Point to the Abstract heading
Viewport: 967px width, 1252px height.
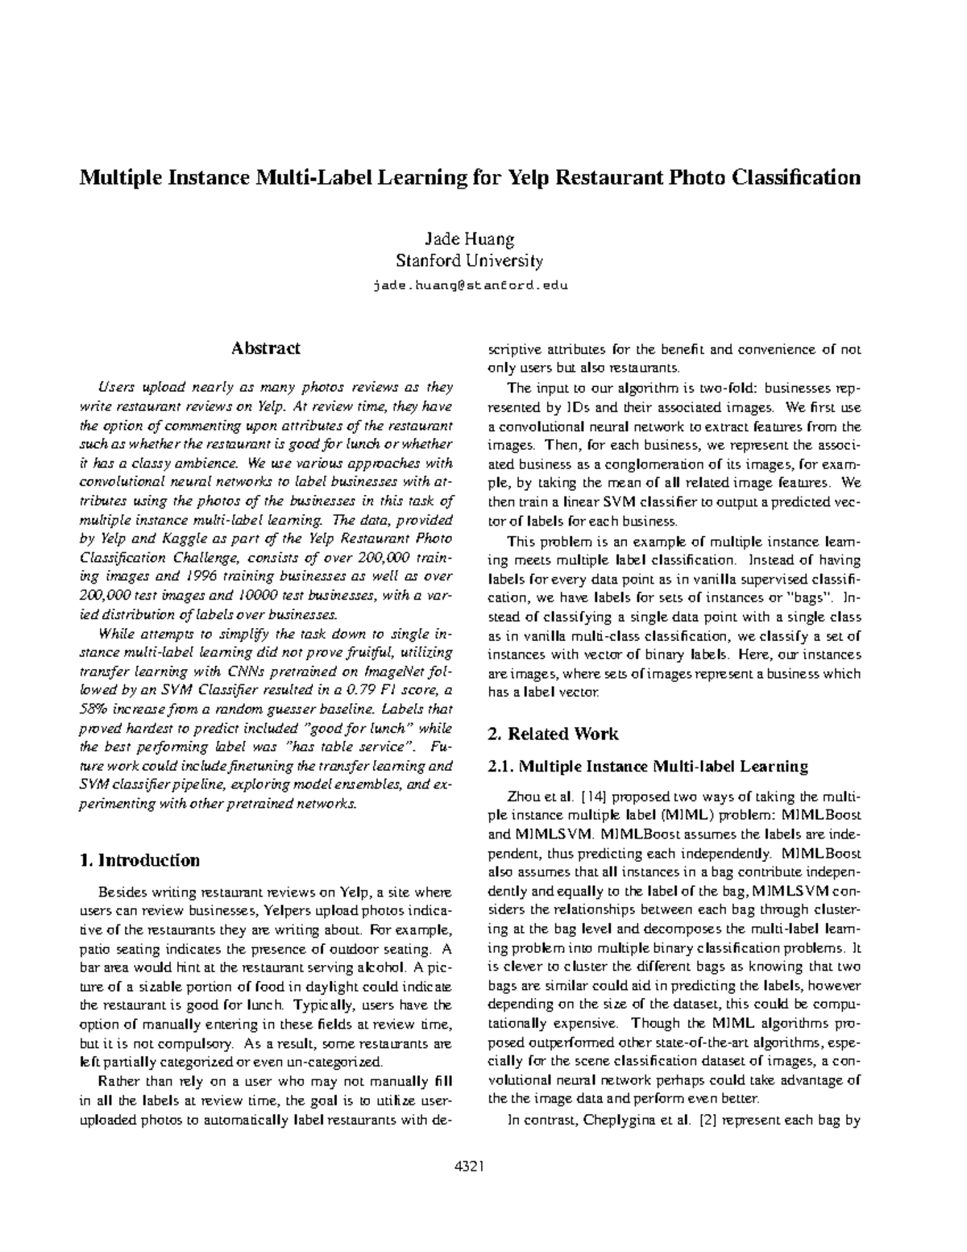click(266, 348)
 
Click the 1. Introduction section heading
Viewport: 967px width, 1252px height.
click(140, 860)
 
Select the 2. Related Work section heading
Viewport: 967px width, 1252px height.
click(554, 734)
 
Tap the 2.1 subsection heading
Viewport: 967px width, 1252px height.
click(648, 766)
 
